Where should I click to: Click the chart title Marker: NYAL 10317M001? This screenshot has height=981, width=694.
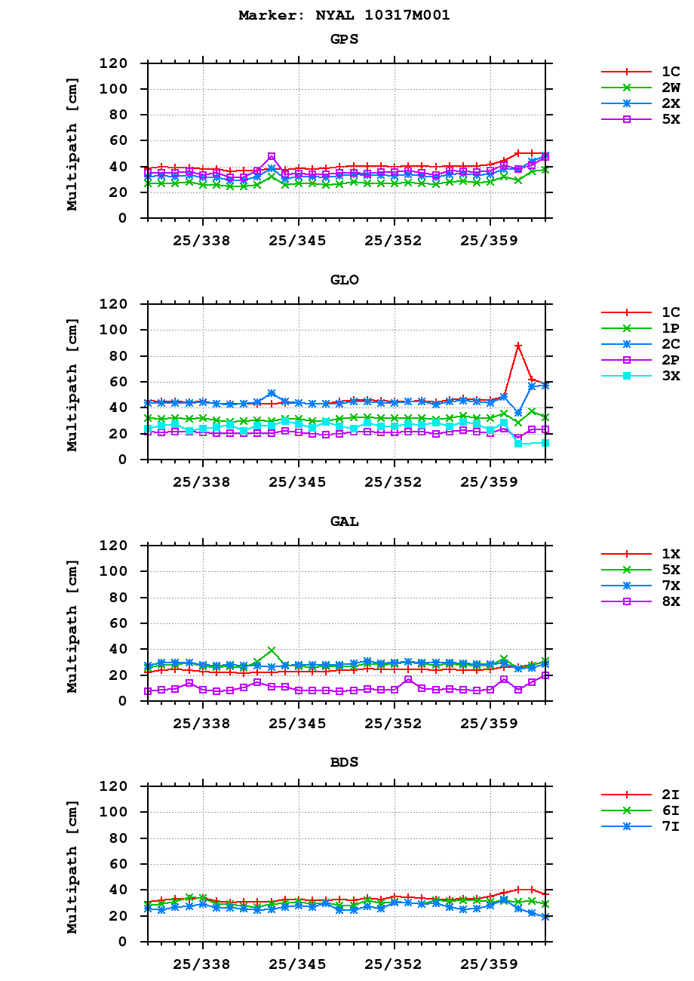pyautogui.click(x=344, y=15)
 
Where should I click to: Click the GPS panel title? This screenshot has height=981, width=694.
pyautogui.click(x=344, y=39)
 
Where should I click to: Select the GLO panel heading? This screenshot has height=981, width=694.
pyautogui.click(x=344, y=280)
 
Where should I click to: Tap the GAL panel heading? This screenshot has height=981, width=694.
pyautogui.click(x=344, y=521)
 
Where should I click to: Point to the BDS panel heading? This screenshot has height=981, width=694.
pyautogui.click(x=344, y=762)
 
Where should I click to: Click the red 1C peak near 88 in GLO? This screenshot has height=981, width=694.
pyautogui.click(x=518, y=346)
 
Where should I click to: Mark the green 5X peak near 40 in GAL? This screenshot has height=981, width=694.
pyautogui.click(x=272, y=650)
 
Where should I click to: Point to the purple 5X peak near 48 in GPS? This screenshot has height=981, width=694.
pyautogui.click(x=272, y=157)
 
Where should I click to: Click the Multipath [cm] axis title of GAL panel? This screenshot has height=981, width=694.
pyautogui.click(x=72, y=626)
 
